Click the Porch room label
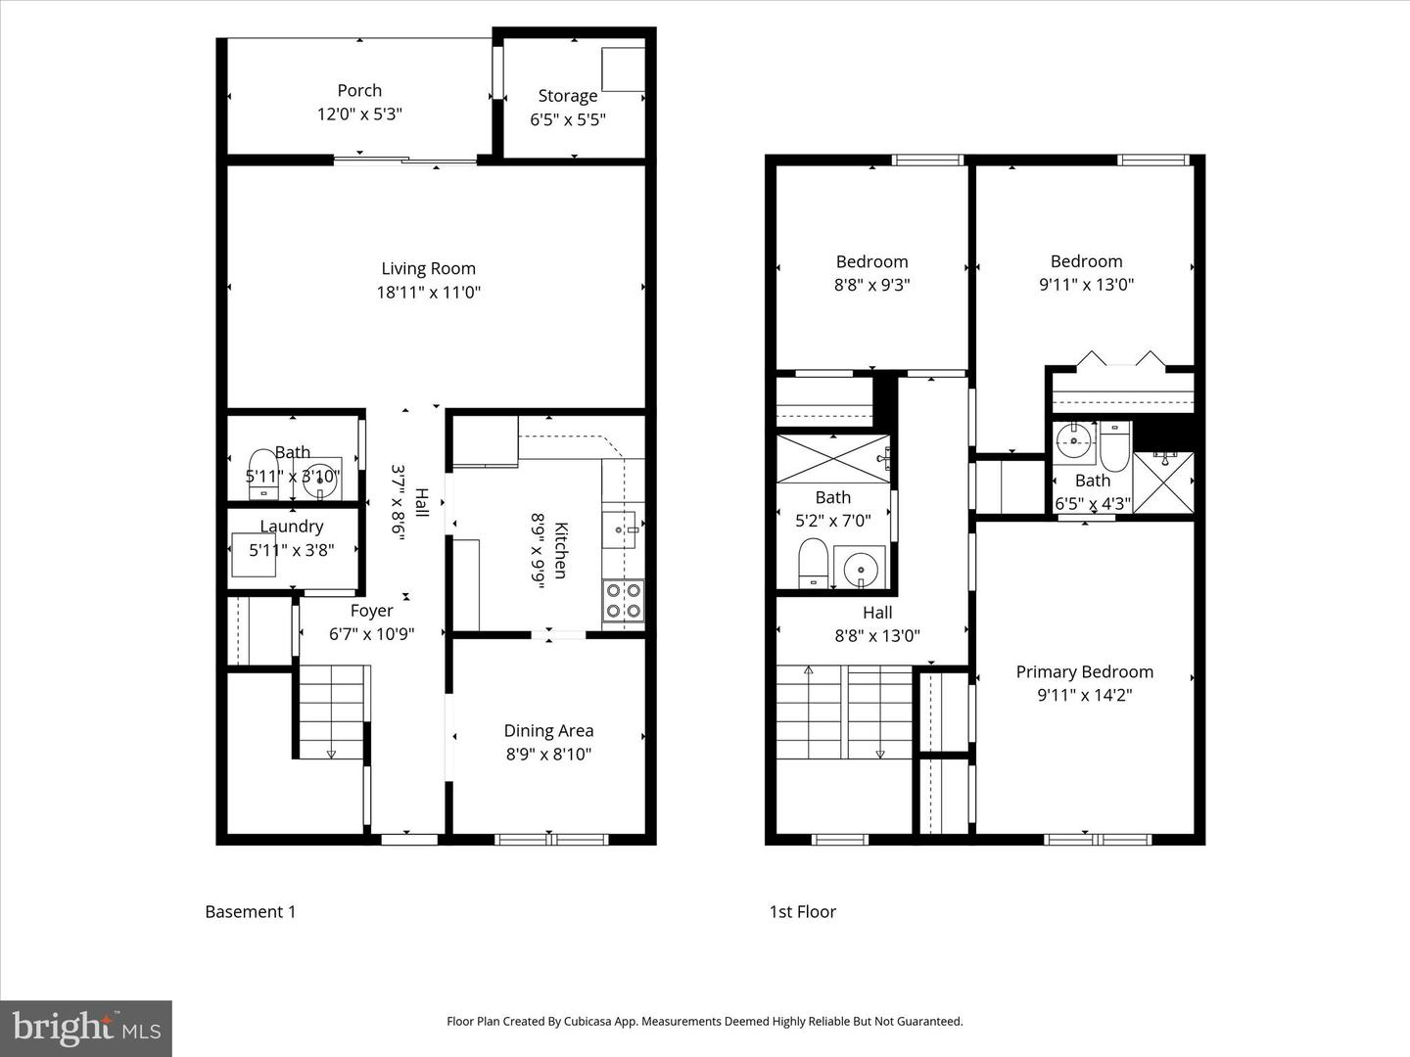(359, 90)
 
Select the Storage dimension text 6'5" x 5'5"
(568, 119)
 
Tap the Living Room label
(428, 268)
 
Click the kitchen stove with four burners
(623, 601)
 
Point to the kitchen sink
(619, 529)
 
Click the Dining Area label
(548, 730)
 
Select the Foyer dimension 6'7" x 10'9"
(371, 633)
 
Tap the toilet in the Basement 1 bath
(262, 475)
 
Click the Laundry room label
(292, 527)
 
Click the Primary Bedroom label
(1084, 671)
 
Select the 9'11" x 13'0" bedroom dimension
(1086, 285)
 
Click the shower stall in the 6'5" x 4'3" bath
(1163, 483)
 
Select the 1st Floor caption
(802, 911)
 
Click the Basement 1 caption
(250, 911)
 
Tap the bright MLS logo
(86, 1028)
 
